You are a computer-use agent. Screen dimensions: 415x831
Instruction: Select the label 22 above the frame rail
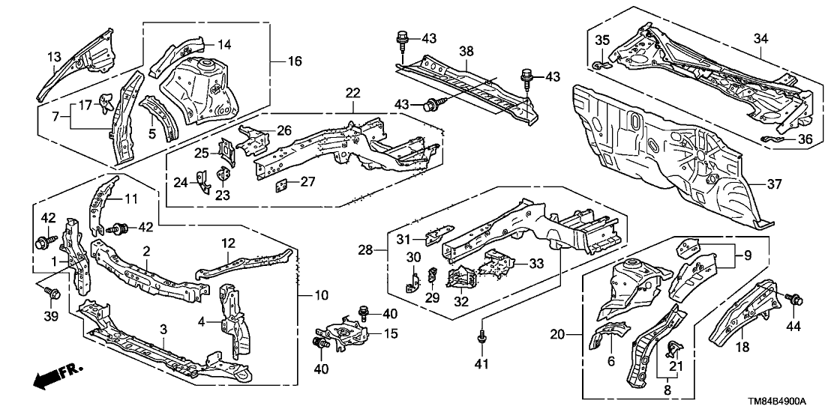353,93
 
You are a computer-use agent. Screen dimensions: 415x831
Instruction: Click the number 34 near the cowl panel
760,39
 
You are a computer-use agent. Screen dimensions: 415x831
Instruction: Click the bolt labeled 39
52,290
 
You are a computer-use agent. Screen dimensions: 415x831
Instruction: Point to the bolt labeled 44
792,300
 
